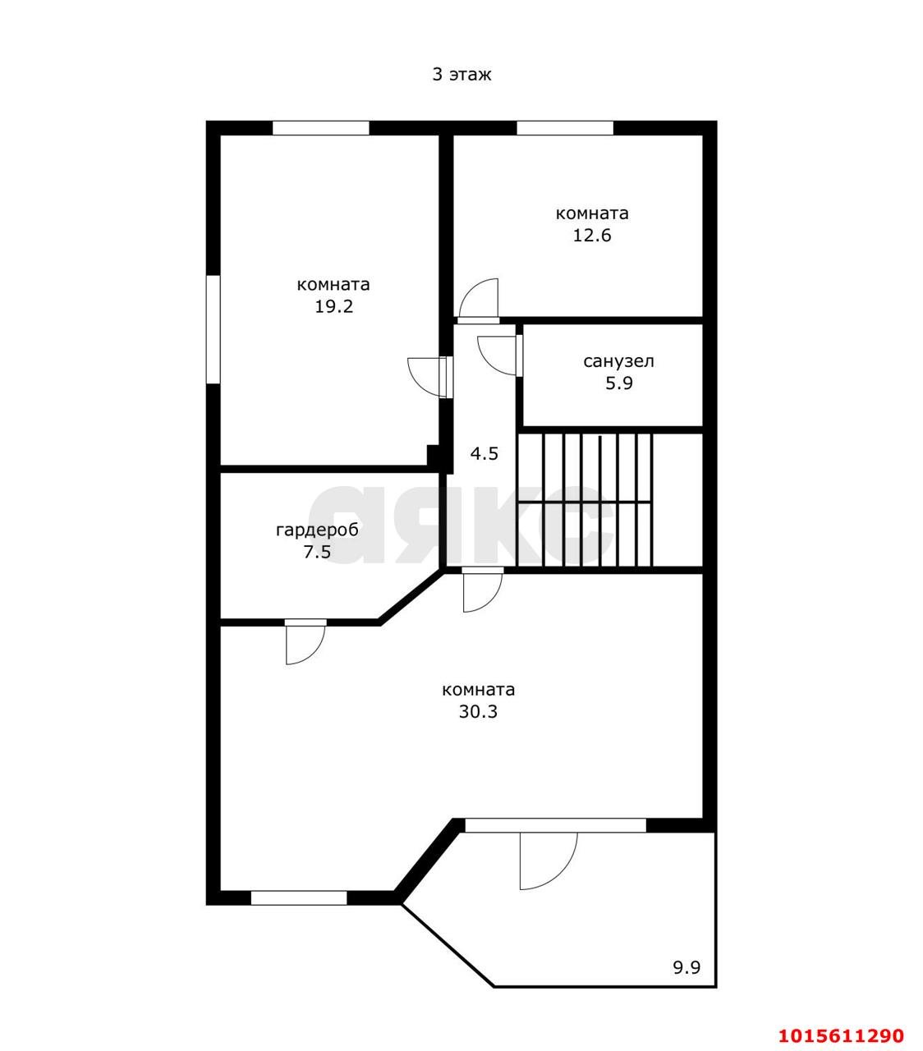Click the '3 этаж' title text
pyautogui.click(x=461, y=75)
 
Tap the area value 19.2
pyautogui.click(x=333, y=306)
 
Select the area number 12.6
pyautogui.click(x=592, y=236)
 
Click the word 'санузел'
pyautogui.click(x=618, y=361)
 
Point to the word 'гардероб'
pyautogui.click(x=317, y=530)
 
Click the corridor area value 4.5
pyautogui.click(x=484, y=454)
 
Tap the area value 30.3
pyautogui.click(x=478, y=711)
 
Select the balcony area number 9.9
pyautogui.click(x=687, y=968)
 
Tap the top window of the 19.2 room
pyautogui.click(x=320, y=128)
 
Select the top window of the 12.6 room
pyautogui.click(x=565, y=128)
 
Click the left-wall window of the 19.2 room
pyautogui.click(x=214, y=329)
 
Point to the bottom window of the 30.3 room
pyautogui.click(x=299, y=898)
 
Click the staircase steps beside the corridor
pyautogui.click(x=584, y=500)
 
